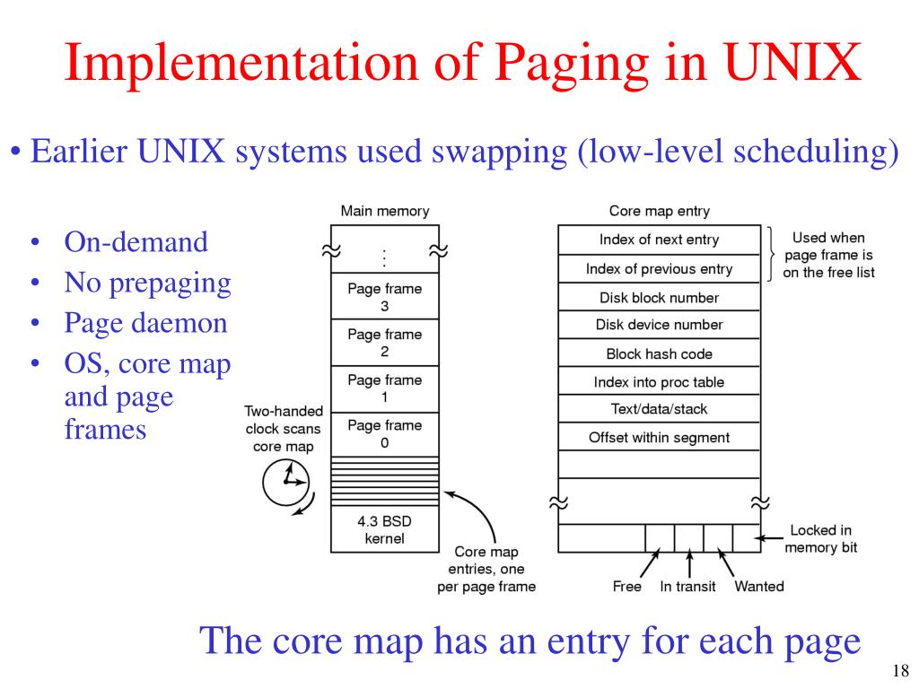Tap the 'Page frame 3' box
tap(384, 297)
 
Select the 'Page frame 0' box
tap(384, 432)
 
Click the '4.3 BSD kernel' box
tap(384, 529)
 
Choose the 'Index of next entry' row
tap(659, 240)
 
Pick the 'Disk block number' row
tap(659, 297)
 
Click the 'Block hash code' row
tap(659, 353)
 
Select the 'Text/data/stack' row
tap(659, 409)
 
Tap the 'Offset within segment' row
tap(659, 438)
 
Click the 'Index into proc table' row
tap(659, 382)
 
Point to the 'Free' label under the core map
tap(626, 587)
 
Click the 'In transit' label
tap(689, 587)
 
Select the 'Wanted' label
tap(758, 587)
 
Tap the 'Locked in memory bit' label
tap(820, 538)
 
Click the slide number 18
tap(900, 670)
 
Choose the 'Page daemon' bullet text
tap(145, 323)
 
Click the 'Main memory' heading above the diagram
tap(384, 212)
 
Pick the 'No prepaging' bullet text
tap(147, 283)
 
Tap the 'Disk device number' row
tap(659, 325)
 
